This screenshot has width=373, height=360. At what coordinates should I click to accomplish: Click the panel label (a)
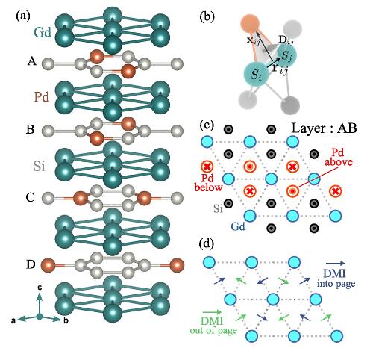[23, 16]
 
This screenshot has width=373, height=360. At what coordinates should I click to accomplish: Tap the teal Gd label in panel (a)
[43, 33]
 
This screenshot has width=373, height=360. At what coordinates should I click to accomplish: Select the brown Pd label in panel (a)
[42, 97]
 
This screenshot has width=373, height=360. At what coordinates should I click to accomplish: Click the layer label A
[32, 61]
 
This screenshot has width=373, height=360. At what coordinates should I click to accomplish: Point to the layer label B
[31, 129]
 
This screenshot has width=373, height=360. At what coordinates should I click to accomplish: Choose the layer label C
[30, 197]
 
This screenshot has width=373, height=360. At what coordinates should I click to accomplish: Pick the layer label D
[31, 264]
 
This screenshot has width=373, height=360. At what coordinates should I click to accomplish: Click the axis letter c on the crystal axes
[40, 288]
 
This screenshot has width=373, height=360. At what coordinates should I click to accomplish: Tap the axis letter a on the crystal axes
[13, 320]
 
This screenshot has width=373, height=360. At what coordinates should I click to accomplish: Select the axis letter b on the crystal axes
[66, 320]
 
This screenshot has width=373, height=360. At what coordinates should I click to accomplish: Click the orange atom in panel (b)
[250, 24]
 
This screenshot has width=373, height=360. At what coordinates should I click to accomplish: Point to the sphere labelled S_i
[256, 75]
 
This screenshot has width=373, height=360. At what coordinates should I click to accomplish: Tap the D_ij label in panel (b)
[286, 40]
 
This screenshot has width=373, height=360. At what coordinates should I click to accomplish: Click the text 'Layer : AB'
[324, 128]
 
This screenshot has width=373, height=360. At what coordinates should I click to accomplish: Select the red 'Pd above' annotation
[339, 158]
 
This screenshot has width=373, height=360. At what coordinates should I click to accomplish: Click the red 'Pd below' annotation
[208, 183]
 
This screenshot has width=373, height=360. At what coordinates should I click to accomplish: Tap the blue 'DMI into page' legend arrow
[336, 263]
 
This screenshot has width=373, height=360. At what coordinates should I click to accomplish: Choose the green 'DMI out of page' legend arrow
[212, 312]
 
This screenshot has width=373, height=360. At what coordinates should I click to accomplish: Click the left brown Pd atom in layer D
[48, 265]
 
